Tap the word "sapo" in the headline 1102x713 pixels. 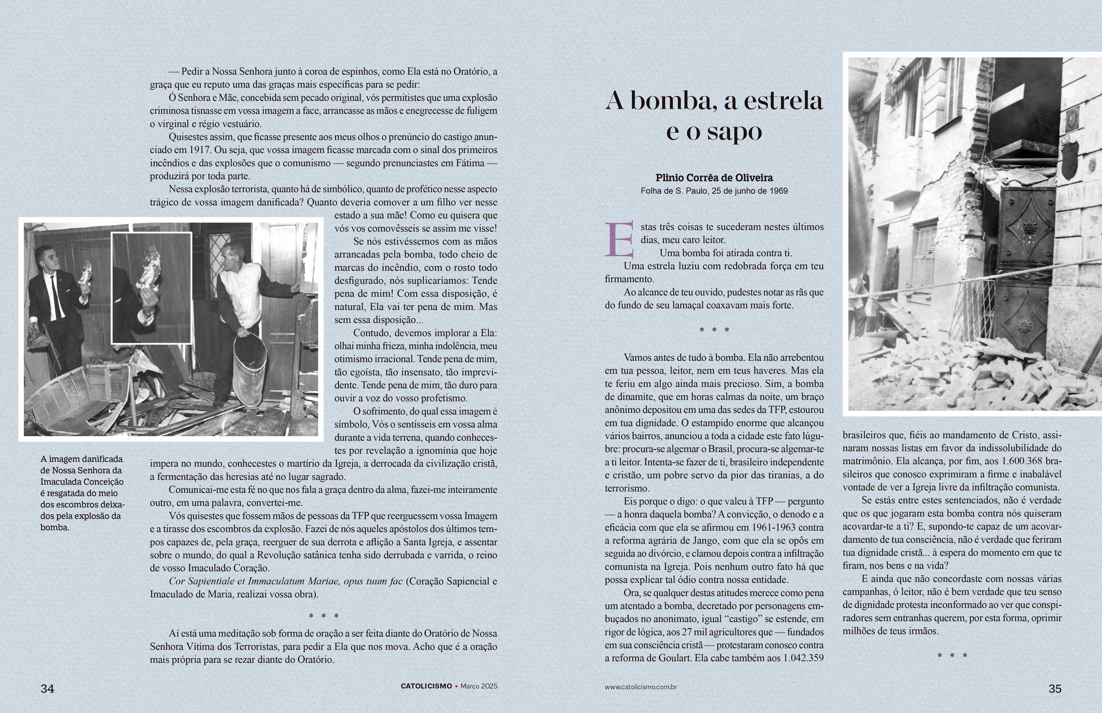(731, 131)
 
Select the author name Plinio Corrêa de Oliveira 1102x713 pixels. (714, 178)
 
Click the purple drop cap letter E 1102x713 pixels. (619, 239)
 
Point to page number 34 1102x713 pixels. (47, 689)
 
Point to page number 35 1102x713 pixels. (1055, 689)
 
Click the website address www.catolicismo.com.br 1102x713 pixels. (640, 687)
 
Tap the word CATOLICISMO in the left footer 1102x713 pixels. (426, 686)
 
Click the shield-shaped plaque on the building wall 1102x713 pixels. (1069, 161)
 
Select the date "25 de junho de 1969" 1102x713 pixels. (749, 191)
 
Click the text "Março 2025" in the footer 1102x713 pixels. (479, 686)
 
